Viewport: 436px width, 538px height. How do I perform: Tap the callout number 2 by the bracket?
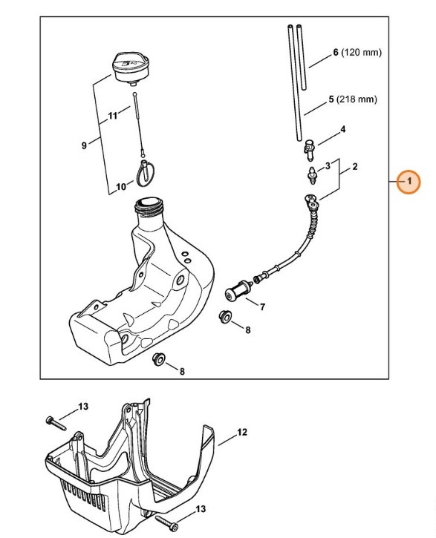[x=355, y=167]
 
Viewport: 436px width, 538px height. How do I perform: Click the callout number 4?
[x=342, y=130]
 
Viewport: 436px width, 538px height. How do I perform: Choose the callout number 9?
[x=84, y=145]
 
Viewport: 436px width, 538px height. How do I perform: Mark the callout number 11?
[x=113, y=117]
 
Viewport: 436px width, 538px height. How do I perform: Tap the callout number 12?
[x=241, y=432]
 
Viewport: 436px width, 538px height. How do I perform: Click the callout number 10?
[x=121, y=187]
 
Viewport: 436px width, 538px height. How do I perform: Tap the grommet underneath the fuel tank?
[x=157, y=360]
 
